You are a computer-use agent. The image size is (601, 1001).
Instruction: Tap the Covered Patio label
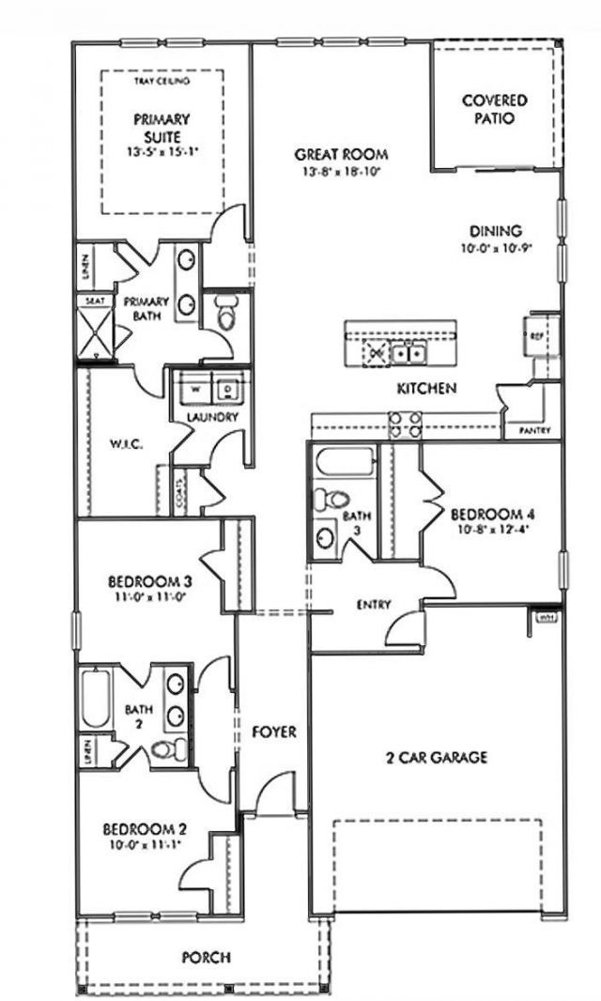click(x=494, y=110)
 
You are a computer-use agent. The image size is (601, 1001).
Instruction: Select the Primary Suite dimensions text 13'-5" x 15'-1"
click(x=162, y=150)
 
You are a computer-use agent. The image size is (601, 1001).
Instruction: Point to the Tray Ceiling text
click(x=162, y=82)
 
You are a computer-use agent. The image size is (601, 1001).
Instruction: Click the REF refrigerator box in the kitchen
click(x=538, y=335)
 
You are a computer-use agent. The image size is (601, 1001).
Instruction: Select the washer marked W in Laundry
click(x=196, y=388)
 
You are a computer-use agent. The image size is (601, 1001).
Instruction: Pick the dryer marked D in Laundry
click(x=228, y=388)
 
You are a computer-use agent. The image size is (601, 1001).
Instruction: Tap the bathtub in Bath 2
click(x=94, y=699)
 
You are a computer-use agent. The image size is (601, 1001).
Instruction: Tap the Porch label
click(x=206, y=958)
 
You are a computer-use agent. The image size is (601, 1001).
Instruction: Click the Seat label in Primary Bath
click(x=95, y=301)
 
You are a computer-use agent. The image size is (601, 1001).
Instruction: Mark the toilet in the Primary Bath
click(x=225, y=314)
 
